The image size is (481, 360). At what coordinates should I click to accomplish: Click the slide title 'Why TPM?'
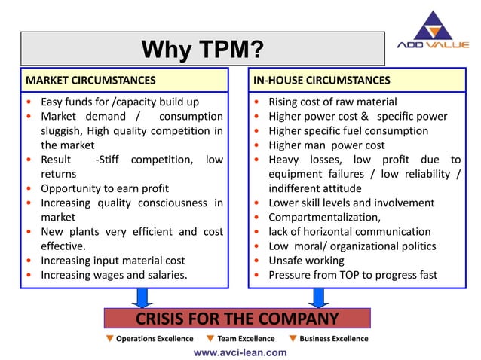(x=203, y=50)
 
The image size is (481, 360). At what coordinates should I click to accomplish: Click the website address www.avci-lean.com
(x=240, y=352)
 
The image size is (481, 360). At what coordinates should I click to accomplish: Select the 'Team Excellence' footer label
(x=245, y=338)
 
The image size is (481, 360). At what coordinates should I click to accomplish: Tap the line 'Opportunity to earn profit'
(x=104, y=188)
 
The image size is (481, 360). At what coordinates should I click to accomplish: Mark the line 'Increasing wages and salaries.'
(x=114, y=274)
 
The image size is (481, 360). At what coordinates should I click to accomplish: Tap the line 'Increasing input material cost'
(x=112, y=260)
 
